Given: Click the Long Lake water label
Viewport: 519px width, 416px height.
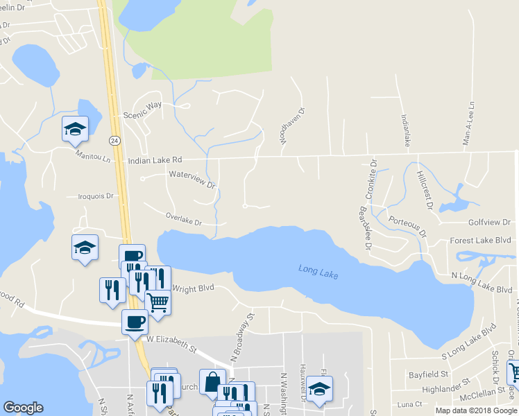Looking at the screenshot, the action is tap(318, 272).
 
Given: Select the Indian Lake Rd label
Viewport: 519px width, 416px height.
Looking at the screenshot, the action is tap(155, 160).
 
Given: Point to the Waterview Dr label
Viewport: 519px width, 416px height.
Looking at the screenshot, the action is tap(192, 180).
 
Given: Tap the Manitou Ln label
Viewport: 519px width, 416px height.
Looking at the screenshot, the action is tap(94, 157).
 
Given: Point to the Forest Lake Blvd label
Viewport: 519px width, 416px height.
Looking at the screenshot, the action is tap(480, 240).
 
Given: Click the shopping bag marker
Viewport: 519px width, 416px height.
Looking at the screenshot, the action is tap(212, 381).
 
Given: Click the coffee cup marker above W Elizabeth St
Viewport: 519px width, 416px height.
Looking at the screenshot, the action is tap(135, 322).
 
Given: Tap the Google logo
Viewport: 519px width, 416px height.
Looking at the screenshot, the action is tap(23, 407).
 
